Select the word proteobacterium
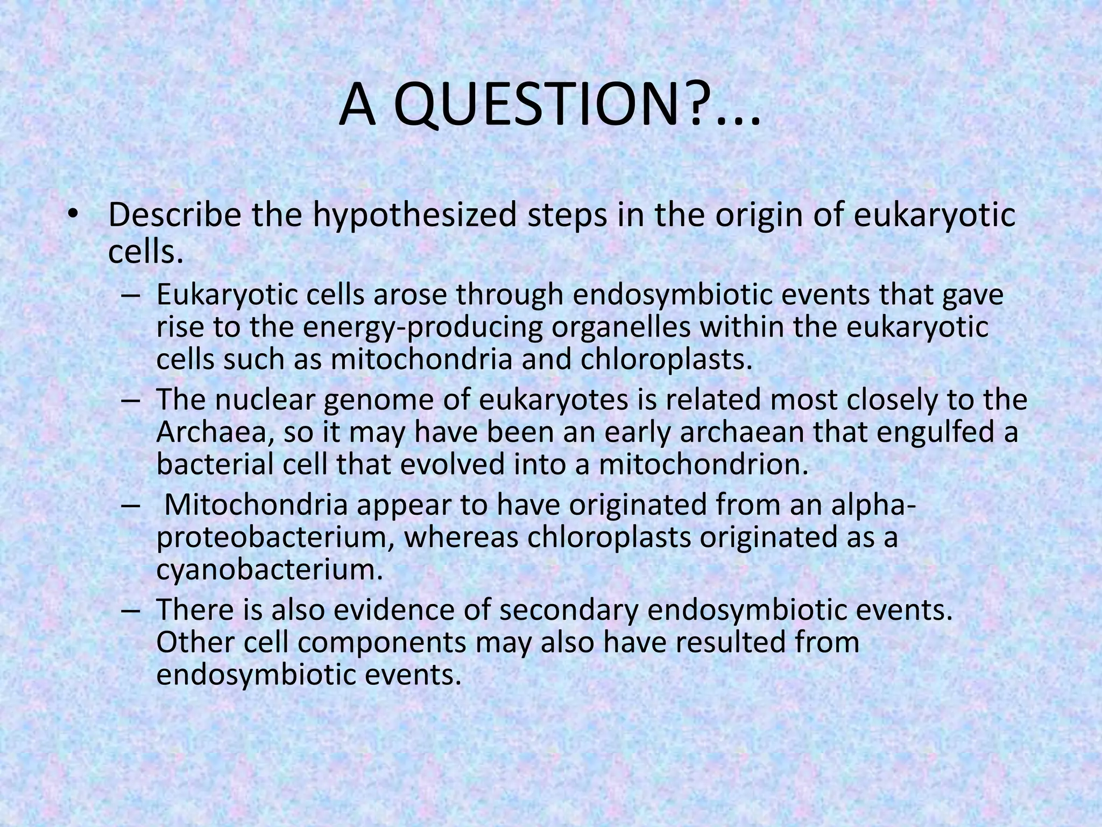point(273,538)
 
